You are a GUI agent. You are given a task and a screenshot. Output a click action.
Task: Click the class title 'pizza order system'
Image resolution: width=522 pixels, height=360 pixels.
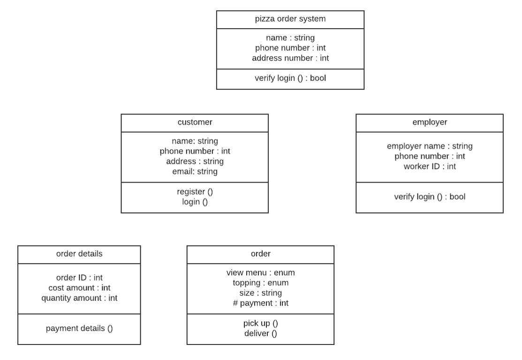coord(290,19)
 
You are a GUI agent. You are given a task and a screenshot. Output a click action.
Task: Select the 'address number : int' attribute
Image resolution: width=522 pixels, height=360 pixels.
coord(290,58)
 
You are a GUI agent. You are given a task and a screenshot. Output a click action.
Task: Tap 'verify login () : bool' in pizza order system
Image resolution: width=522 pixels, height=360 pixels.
coord(290,78)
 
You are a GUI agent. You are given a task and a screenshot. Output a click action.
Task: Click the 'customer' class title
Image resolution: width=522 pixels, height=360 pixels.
coord(195,122)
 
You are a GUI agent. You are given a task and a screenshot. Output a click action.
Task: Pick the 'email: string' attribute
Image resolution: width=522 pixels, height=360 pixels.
coord(195,172)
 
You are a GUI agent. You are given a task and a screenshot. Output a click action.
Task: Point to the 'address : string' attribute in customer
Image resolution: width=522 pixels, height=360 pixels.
coord(195,161)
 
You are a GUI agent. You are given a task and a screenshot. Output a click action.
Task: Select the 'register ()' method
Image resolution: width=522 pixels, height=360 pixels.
coord(195,191)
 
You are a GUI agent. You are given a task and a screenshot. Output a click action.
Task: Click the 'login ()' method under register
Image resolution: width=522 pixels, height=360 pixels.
coord(195,202)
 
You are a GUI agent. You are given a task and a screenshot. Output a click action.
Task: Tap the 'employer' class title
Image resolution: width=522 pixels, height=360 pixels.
coord(429,122)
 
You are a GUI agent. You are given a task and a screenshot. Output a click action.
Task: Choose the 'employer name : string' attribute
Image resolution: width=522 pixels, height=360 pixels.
coord(429,146)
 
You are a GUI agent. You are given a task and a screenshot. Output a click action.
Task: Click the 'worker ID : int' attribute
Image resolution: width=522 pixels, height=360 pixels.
coord(429,167)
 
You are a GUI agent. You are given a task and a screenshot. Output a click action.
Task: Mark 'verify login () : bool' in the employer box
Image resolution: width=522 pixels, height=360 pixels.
coord(429,197)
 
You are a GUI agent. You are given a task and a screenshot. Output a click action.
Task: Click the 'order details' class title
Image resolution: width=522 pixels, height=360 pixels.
coord(79,254)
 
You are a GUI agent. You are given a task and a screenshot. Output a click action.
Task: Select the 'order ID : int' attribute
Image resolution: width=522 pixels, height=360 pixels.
coord(79,277)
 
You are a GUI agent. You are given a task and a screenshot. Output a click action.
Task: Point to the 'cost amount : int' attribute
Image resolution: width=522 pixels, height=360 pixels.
coord(79,288)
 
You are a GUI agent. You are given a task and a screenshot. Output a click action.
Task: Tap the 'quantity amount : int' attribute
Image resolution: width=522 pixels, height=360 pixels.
coord(79,298)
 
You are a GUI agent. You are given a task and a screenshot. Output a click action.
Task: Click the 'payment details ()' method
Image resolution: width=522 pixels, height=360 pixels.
coord(79,328)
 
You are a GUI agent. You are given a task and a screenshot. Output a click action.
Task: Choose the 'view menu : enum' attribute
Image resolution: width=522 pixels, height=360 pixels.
coord(260,272)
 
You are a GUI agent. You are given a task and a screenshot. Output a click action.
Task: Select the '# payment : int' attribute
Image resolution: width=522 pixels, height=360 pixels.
coord(260,303)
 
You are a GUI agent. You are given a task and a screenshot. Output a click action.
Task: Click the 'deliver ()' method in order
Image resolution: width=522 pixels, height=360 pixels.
coord(260,333)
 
